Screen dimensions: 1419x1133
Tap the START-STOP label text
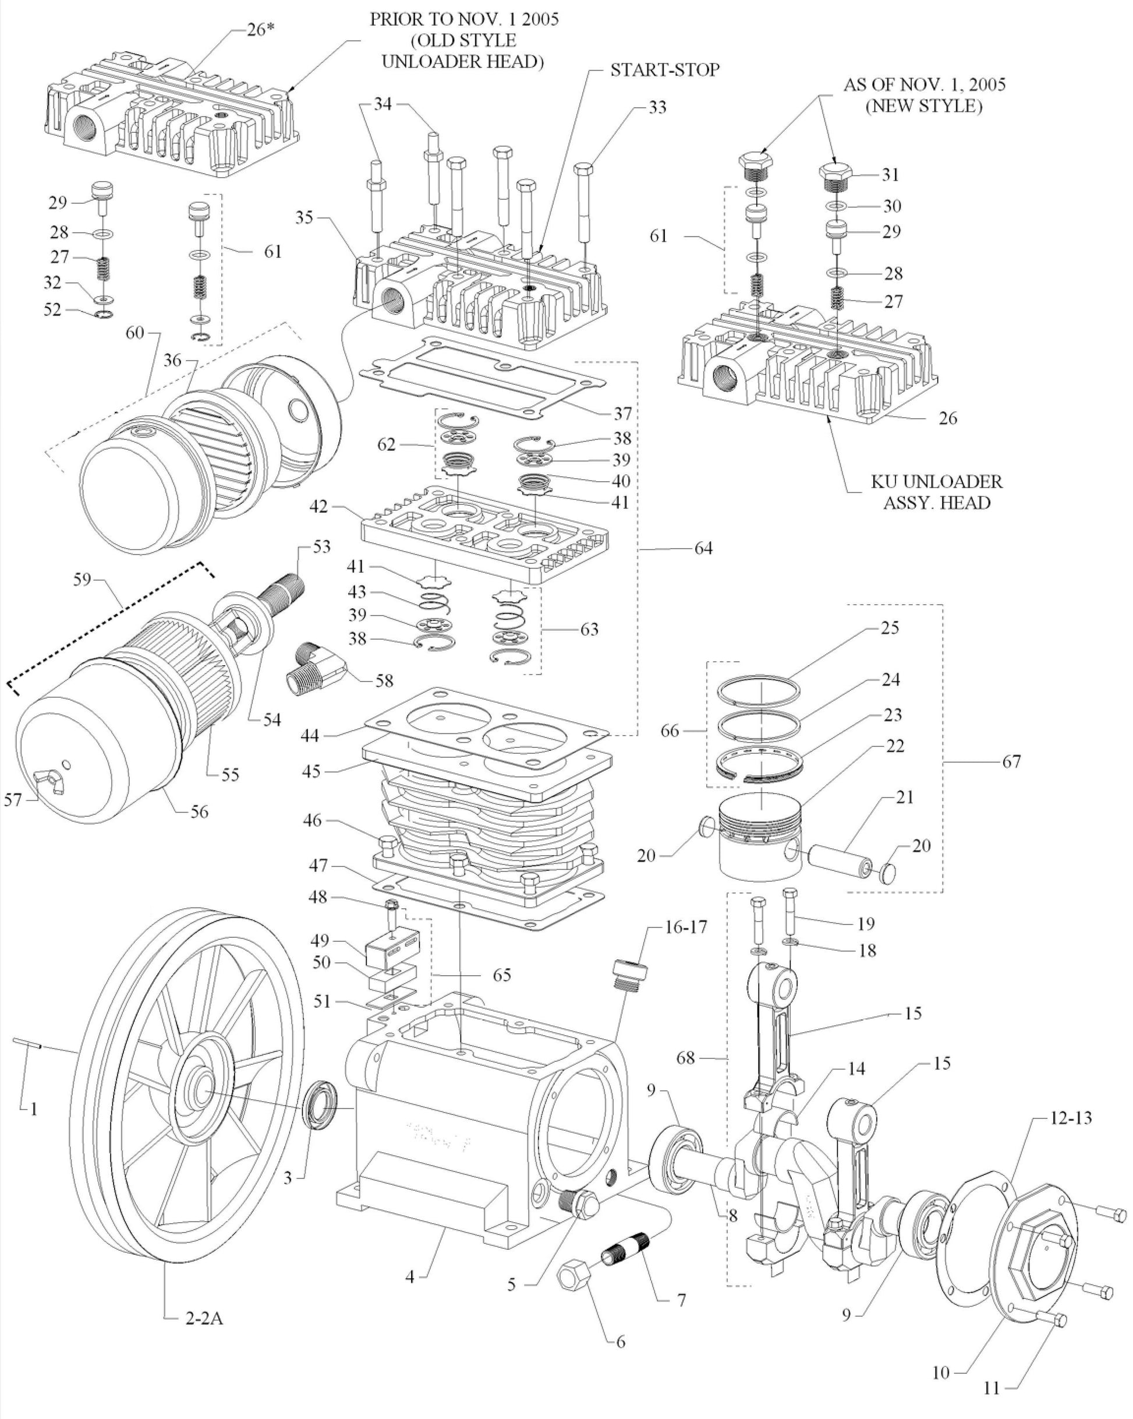click(x=664, y=70)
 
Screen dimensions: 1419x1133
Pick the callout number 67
click(x=1012, y=761)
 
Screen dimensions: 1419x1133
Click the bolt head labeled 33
click(x=585, y=168)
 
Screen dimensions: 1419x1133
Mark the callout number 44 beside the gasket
click(x=310, y=735)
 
